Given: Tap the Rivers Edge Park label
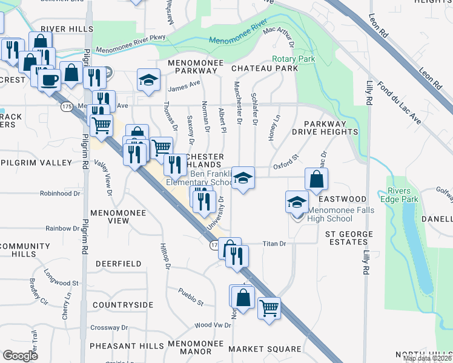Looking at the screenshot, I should click(404, 195).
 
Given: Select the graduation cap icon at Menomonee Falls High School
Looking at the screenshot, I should click(297, 201).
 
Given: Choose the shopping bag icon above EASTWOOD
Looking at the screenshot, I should click(316, 179).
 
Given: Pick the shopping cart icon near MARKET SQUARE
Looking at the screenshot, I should click(269, 307).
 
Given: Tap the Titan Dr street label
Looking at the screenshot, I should click(274, 243).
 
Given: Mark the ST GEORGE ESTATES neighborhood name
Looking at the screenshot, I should click(347, 238).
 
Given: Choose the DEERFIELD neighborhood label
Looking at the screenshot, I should click(119, 264).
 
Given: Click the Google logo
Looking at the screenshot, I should click(20, 356).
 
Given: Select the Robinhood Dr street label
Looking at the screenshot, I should click(60, 194).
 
